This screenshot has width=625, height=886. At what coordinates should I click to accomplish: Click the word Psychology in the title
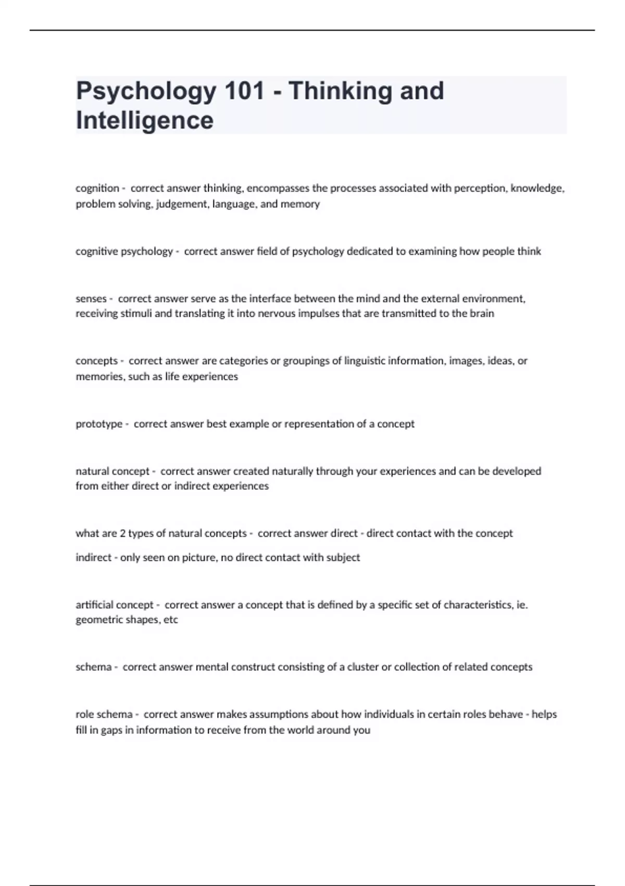[145, 92]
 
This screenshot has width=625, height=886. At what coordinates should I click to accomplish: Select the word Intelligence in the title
[144, 120]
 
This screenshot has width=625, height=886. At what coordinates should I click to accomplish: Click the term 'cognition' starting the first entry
[97, 188]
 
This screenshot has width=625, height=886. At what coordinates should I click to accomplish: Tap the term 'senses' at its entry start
[91, 299]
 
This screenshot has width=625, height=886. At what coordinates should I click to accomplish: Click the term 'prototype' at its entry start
[99, 424]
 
